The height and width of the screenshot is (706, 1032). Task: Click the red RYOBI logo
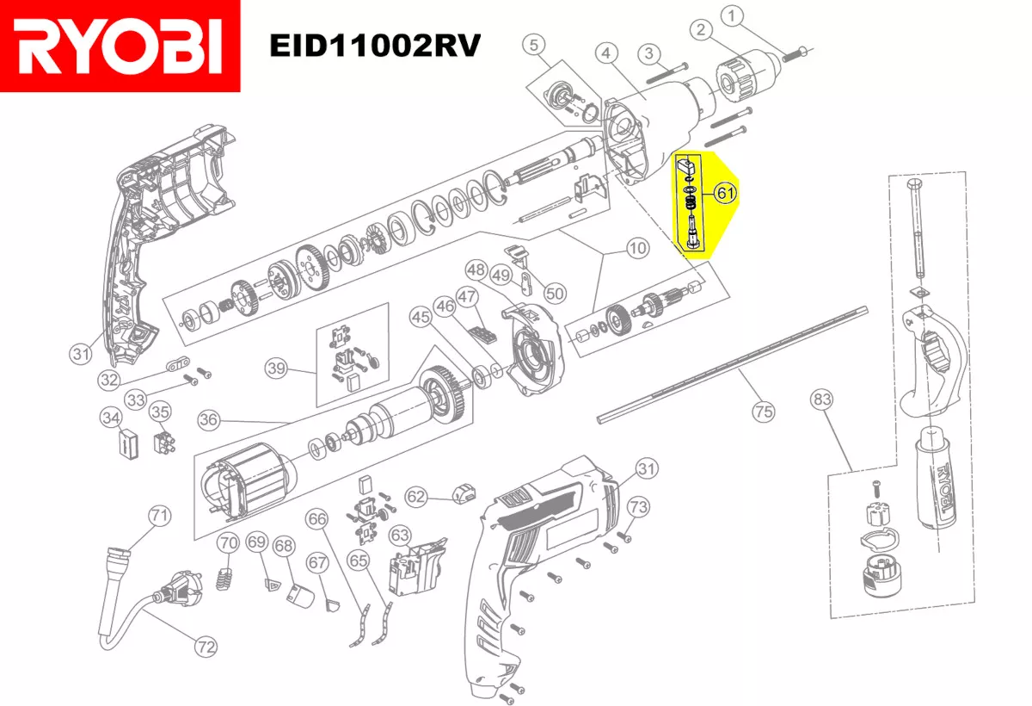(120, 46)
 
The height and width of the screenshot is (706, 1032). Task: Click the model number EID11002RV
(373, 44)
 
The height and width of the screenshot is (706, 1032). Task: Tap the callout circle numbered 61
(726, 194)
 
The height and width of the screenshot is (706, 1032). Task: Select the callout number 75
(763, 412)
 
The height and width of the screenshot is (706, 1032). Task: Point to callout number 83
(823, 399)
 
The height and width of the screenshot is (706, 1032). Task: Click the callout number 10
(636, 249)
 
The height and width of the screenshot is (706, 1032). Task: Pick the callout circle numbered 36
(209, 420)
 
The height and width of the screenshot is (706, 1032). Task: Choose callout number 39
(275, 369)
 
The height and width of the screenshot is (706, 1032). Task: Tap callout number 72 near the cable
(206, 646)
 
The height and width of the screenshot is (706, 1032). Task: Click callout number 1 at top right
(732, 15)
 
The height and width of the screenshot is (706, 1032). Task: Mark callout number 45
(420, 318)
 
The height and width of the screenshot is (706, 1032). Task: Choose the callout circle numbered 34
(109, 418)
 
